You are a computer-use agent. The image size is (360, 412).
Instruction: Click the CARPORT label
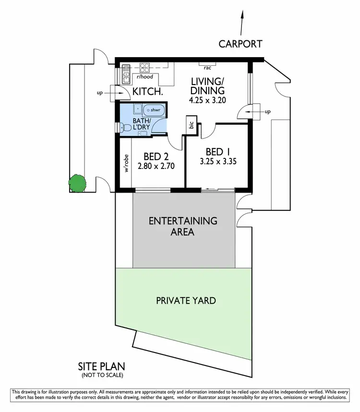240,44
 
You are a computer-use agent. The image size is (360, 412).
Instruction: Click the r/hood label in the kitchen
144,76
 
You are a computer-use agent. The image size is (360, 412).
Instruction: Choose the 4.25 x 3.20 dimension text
207,101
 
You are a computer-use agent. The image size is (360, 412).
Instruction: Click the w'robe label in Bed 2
127,163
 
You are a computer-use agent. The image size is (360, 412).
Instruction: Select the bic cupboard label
192,125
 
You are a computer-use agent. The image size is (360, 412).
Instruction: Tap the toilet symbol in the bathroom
126,128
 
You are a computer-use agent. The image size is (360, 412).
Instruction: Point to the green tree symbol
77,182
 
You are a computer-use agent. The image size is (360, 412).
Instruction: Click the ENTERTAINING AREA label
183,226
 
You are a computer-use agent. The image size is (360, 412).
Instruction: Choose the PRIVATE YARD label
186,301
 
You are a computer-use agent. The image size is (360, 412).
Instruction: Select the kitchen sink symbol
126,72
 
